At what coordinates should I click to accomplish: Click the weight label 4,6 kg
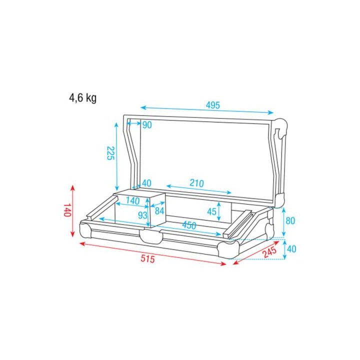(83, 98)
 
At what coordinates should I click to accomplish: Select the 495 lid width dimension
(212, 105)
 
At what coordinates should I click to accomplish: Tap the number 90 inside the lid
(146, 125)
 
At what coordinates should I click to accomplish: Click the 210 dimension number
(196, 183)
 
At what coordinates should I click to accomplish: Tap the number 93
(142, 215)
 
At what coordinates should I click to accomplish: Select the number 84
(159, 211)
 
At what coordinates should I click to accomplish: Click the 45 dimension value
(211, 212)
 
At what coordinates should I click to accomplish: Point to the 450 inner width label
(188, 225)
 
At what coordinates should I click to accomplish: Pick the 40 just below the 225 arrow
(146, 183)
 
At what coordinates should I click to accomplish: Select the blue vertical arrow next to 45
(220, 212)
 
